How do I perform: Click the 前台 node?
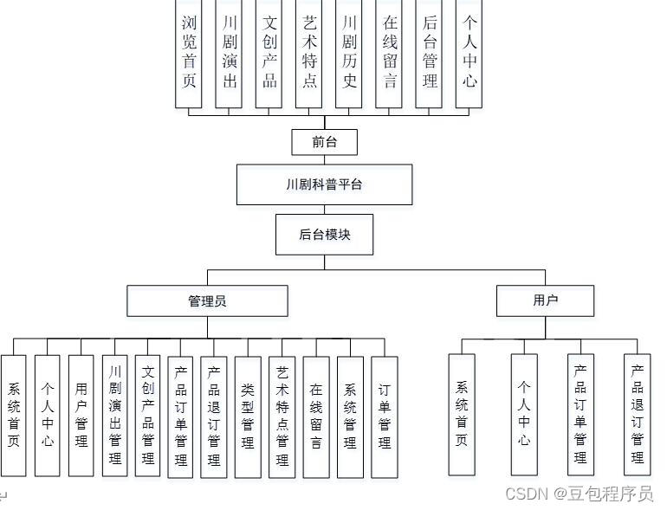pyautogui.click(x=325, y=142)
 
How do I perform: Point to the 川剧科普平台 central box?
pyautogui.click(x=325, y=184)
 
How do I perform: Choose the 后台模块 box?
pyautogui.click(x=325, y=234)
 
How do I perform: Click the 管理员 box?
pyautogui.click(x=208, y=300)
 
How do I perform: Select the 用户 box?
pyautogui.click(x=546, y=300)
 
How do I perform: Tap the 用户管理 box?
pyautogui.click(x=81, y=416)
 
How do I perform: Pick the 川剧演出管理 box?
pyautogui.click(x=115, y=416)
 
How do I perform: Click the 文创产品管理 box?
pyautogui.click(x=148, y=416)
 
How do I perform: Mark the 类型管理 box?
pyautogui.click(x=248, y=416)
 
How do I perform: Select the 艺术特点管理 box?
pyautogui.click(x=282, y=416)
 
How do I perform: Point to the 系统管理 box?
pyautogui.click(x=350, y=416)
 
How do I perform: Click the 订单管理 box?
pyautogui.click(x=384, y=416)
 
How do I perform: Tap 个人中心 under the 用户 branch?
pyautogui.click(x=524, y=414)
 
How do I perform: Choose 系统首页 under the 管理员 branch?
pyautogui.click(x=14, y=416)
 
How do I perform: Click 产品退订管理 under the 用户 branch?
pyautogui.click(x=638, y=414)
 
